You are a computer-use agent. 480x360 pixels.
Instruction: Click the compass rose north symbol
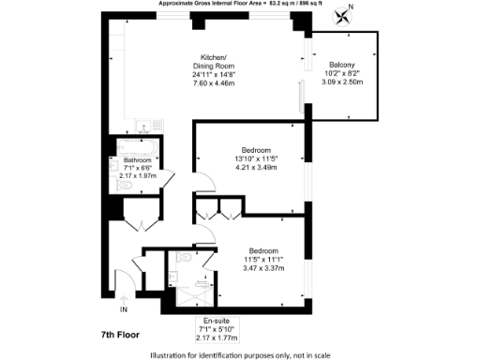(x=349, y=13)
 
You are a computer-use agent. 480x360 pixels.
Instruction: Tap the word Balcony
(x=340, y=63)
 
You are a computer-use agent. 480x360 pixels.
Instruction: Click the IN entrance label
(x=123, y=308)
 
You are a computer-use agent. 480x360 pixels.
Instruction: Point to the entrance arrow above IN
(x=123, y=298)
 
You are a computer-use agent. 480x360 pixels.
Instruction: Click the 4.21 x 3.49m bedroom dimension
(x=256, y=169)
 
